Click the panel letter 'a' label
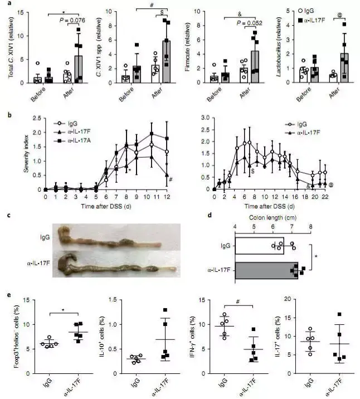tap(5, 5)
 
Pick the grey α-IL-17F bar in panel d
tap(266, 270)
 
